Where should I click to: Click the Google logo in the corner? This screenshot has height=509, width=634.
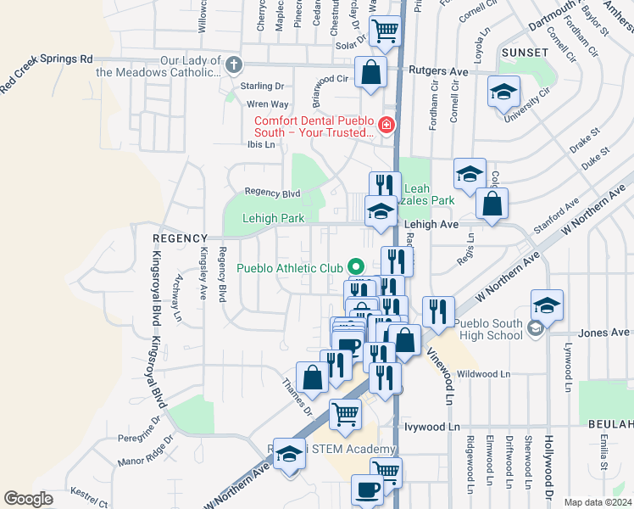(x=29, y=499)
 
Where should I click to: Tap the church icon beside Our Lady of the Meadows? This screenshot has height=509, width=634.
(x=234, y=64)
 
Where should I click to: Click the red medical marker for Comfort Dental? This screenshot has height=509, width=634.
(x=387, y=126)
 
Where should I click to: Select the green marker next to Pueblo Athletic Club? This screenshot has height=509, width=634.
(x=356, y=268)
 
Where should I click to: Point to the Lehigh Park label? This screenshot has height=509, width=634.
(x=273, y=218)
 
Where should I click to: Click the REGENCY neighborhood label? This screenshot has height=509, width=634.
(x=180, y=239)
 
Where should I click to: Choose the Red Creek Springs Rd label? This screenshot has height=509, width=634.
(x=46, y=71)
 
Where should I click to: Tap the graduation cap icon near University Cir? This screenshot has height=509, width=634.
(x=503, y=91)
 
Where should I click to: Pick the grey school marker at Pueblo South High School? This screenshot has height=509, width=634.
(x=534, y=328)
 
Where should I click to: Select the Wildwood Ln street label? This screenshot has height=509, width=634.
(x=483, y=373)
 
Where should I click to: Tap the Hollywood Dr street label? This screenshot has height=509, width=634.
(x=549, y=467)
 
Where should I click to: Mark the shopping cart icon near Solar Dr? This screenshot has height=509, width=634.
(x=386, y=31)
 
